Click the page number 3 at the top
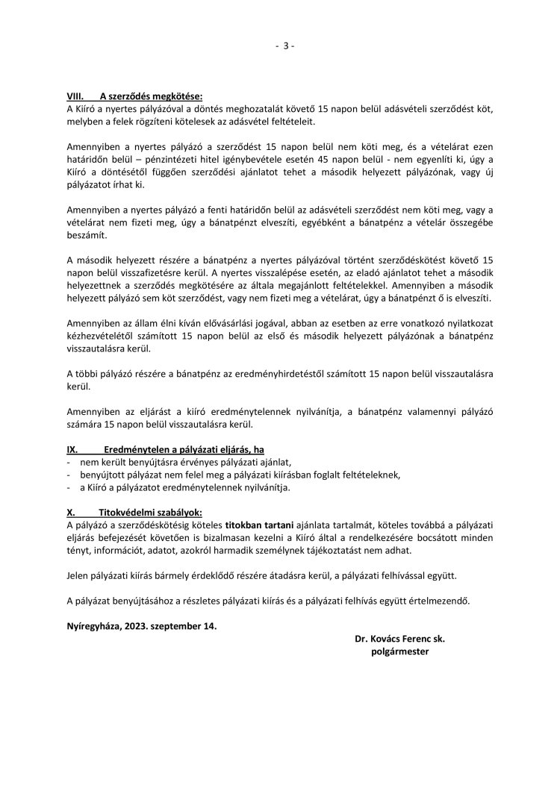point(284,46)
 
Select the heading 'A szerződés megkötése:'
point(152,96)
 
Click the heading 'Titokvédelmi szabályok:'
point(145,513)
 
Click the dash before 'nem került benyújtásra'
point(69,463)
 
